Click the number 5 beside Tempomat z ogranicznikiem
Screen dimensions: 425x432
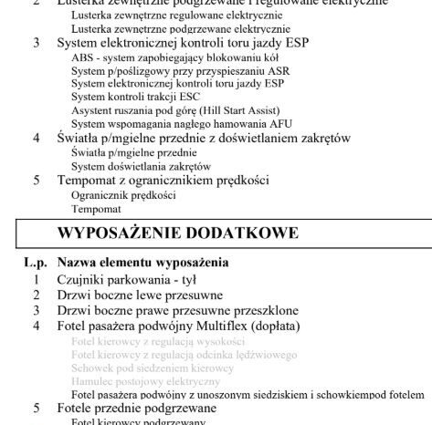click(x=37, y=181)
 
